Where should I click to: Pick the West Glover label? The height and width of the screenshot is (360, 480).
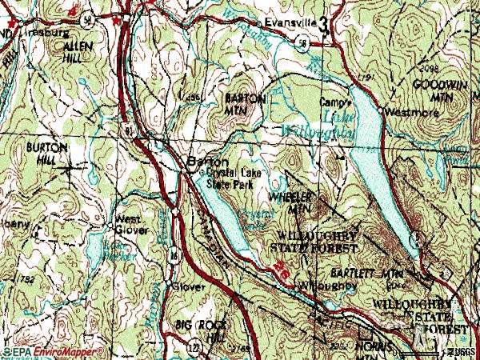pos(131,225)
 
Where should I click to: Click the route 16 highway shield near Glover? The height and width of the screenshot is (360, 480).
pos(173,255)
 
